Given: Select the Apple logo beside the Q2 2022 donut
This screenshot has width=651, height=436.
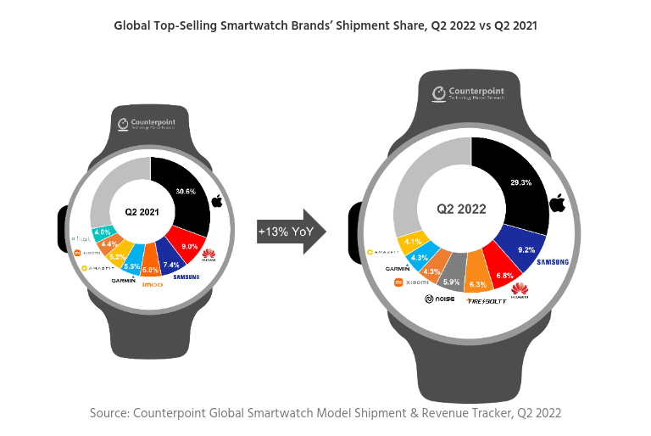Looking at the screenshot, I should (556, 204).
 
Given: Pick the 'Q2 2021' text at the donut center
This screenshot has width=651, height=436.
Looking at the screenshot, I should (142, 210).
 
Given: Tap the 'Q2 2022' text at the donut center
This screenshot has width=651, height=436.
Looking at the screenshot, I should (461, 208).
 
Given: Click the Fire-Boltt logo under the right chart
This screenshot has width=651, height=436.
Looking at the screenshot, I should (485, 300).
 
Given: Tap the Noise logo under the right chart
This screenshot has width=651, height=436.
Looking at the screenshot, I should (439, 299).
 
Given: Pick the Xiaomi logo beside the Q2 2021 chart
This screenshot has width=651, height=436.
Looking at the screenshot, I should (87, 252).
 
